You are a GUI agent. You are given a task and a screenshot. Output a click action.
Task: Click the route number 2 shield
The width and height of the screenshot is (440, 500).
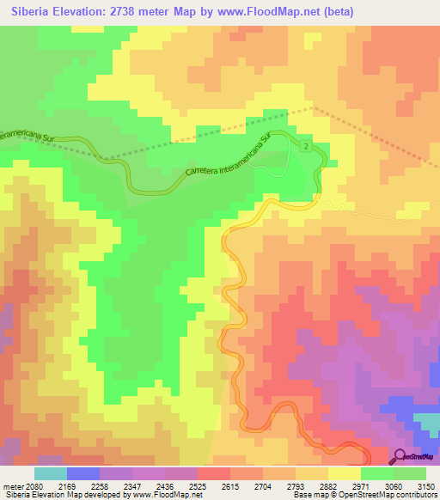pos(305,148)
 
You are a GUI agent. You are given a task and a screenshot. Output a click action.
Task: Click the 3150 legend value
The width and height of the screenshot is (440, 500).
pos(425,486)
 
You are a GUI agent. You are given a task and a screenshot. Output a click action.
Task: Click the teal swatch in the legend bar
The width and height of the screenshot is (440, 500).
pos(50,473)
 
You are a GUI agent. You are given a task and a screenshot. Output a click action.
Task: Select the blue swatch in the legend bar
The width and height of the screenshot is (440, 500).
pos(82,473)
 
